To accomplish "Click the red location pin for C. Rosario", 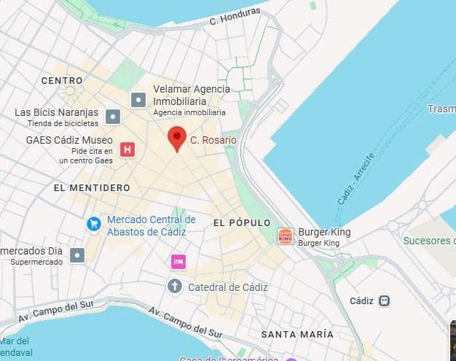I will (176, 137).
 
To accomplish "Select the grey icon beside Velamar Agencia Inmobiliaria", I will (138, 100).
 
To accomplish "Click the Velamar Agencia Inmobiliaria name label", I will (191, 95).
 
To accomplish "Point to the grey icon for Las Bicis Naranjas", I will (113, 116).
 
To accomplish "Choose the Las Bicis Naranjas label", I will (56, 112).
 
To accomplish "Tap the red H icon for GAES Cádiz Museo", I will (128, 150).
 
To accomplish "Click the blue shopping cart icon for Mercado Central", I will (94, 224).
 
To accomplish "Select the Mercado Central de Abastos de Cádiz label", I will (151, 225).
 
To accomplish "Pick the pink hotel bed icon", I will (178, 262).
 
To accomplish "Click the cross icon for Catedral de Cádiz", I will (175, 286).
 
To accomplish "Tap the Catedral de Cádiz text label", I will (228, 287).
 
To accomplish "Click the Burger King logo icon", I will (286, 236).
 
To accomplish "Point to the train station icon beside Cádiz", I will (385, 300).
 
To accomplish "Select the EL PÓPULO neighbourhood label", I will (242, 222).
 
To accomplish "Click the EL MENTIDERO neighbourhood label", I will (92, 187).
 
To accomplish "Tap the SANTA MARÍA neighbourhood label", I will (297, 334).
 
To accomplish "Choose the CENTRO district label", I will (62, 80).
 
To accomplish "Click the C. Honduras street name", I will (235, 16).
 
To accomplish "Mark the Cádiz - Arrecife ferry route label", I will (356, 179).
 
